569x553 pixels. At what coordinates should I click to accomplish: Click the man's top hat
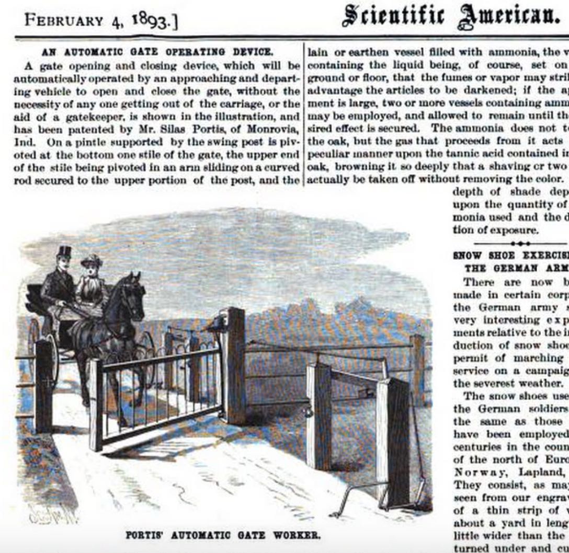coord(64,252)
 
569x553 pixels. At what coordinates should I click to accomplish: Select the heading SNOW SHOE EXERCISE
coord(510,256)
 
